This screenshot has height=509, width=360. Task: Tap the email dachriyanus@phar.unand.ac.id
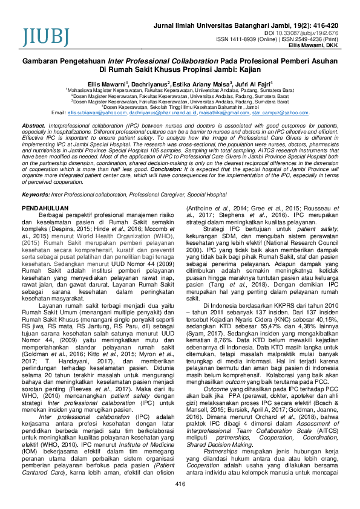160,113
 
